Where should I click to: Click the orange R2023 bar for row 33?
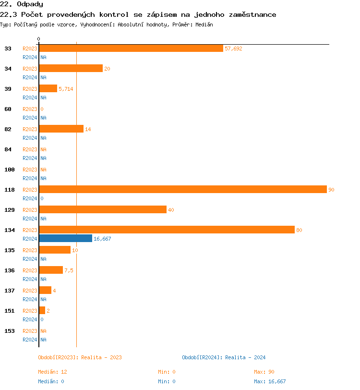(131, 49)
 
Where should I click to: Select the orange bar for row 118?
(183, 190)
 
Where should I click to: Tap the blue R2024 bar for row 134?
(65, 239)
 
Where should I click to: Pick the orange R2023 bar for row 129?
(103, 210)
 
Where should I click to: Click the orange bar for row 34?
(71, 69)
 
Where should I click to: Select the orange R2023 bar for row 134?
(167, 230)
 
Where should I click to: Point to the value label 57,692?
(233, 49)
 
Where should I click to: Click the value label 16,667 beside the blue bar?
(102, 239)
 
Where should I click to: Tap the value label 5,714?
(66, 89)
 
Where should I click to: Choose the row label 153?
(10, 331)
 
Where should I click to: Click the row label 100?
(10, 170)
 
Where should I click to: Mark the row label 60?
(8, 109)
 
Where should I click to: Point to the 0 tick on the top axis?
(39, 39)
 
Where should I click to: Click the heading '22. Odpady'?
(22, 4)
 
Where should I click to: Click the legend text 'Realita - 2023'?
(101, 357)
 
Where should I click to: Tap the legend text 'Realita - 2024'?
(245, 357)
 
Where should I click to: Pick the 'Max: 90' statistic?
(264, 372)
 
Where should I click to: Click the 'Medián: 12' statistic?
(52, 372)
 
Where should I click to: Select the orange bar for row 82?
(61, 129)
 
